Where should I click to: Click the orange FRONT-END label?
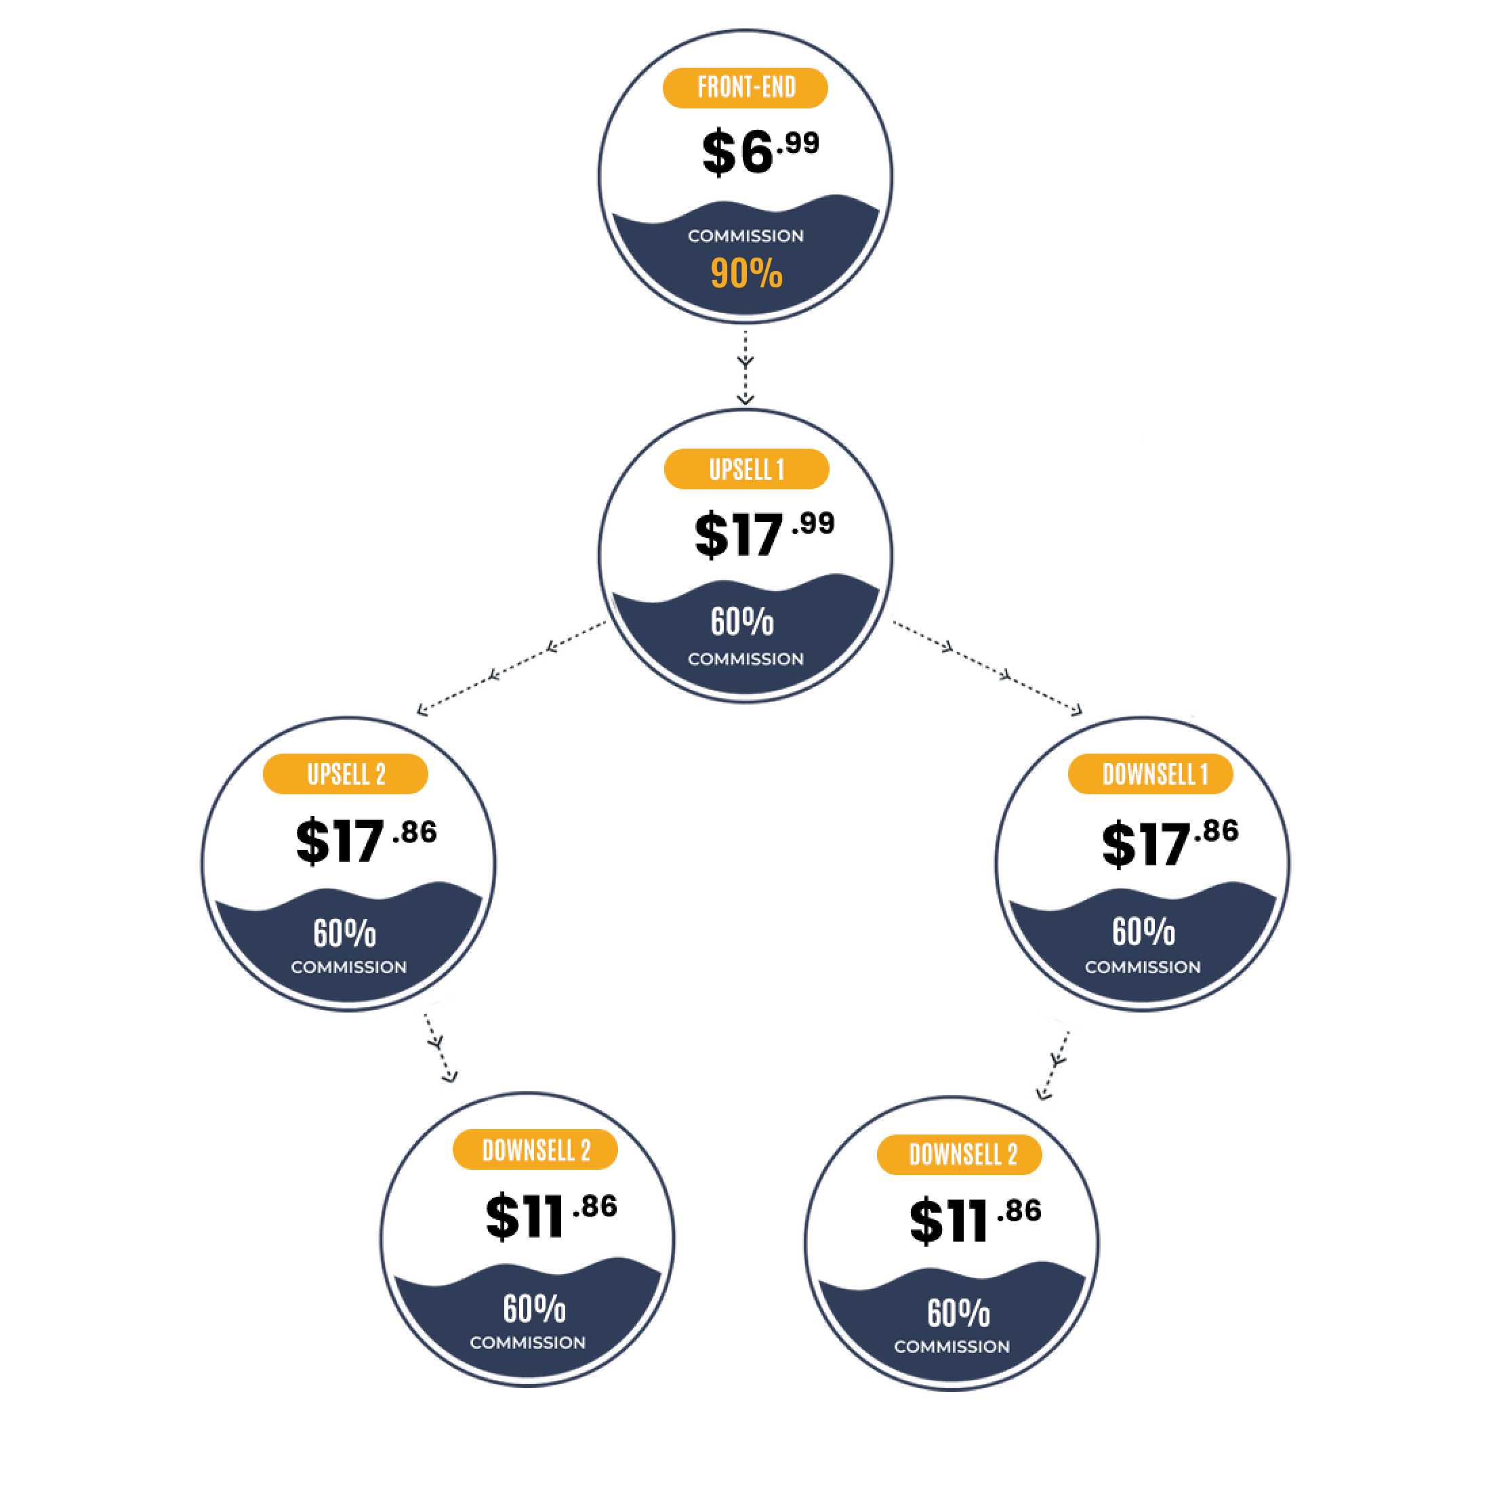tap(745, 87)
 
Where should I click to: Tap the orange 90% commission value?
tap(746, 273)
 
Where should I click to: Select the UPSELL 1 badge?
tap(746, 468)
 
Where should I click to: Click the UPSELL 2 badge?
tap(345, 774)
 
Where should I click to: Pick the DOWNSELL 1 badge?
tap(1150, 774)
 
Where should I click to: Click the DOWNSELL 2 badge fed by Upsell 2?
tap(535, 1150)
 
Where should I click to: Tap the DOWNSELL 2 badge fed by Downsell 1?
tap(959, 1155)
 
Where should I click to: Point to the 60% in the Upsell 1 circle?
tap(741, 622)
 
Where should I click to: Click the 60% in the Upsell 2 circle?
tap(344, 933)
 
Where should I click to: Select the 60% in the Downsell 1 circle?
tap(1143, 931)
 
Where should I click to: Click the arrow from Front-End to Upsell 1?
tap(745, 367)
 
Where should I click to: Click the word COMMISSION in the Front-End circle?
tap(745, 236)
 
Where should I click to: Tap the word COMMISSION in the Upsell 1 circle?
tap(745, 659)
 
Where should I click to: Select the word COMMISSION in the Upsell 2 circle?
tap(348, 967)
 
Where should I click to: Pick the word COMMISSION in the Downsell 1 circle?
tap(1142, 967)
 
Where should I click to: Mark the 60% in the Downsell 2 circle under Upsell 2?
tap(534, 1309)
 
